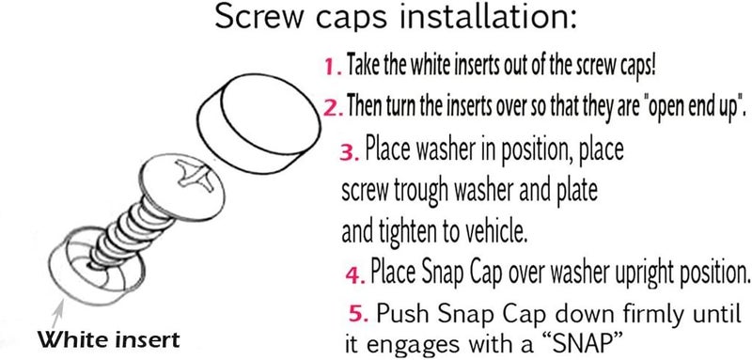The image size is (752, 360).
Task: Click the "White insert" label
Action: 109,340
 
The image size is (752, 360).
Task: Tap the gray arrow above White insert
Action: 57,314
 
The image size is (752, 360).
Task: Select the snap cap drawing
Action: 259,124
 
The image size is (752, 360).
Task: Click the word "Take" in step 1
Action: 358,66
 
